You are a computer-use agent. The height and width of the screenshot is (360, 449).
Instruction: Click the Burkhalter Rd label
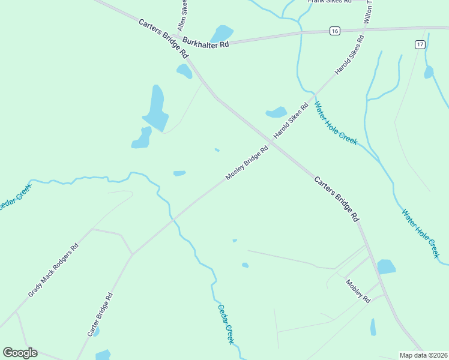[x=206, y=43]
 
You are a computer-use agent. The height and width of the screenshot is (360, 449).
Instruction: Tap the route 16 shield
[x=335, y=31]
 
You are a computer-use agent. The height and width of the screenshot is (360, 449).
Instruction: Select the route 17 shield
[x=420, y=44]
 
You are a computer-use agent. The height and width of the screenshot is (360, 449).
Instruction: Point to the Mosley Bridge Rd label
[x=247, y=163]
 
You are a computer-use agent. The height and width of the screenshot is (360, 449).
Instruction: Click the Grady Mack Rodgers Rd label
[x=53, y=270]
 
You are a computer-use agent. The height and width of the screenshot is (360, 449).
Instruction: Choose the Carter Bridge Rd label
[x=100, y=314]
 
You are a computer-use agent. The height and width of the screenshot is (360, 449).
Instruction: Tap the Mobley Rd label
[x=358, y=290]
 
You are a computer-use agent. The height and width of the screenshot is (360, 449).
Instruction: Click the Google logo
[x=20, y=353]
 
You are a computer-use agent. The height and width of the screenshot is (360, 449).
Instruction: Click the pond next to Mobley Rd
[x=386, y=266]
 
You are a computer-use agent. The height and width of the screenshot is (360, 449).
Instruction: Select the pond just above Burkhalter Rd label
[x=221, y=34]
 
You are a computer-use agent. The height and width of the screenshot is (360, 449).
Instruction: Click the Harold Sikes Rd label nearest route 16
[x=349, y=55]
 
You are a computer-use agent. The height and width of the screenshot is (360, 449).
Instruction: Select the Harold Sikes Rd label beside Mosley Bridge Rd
[x=291, y=121]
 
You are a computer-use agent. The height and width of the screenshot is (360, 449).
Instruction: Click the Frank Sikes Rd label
[x=329, y=2]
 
